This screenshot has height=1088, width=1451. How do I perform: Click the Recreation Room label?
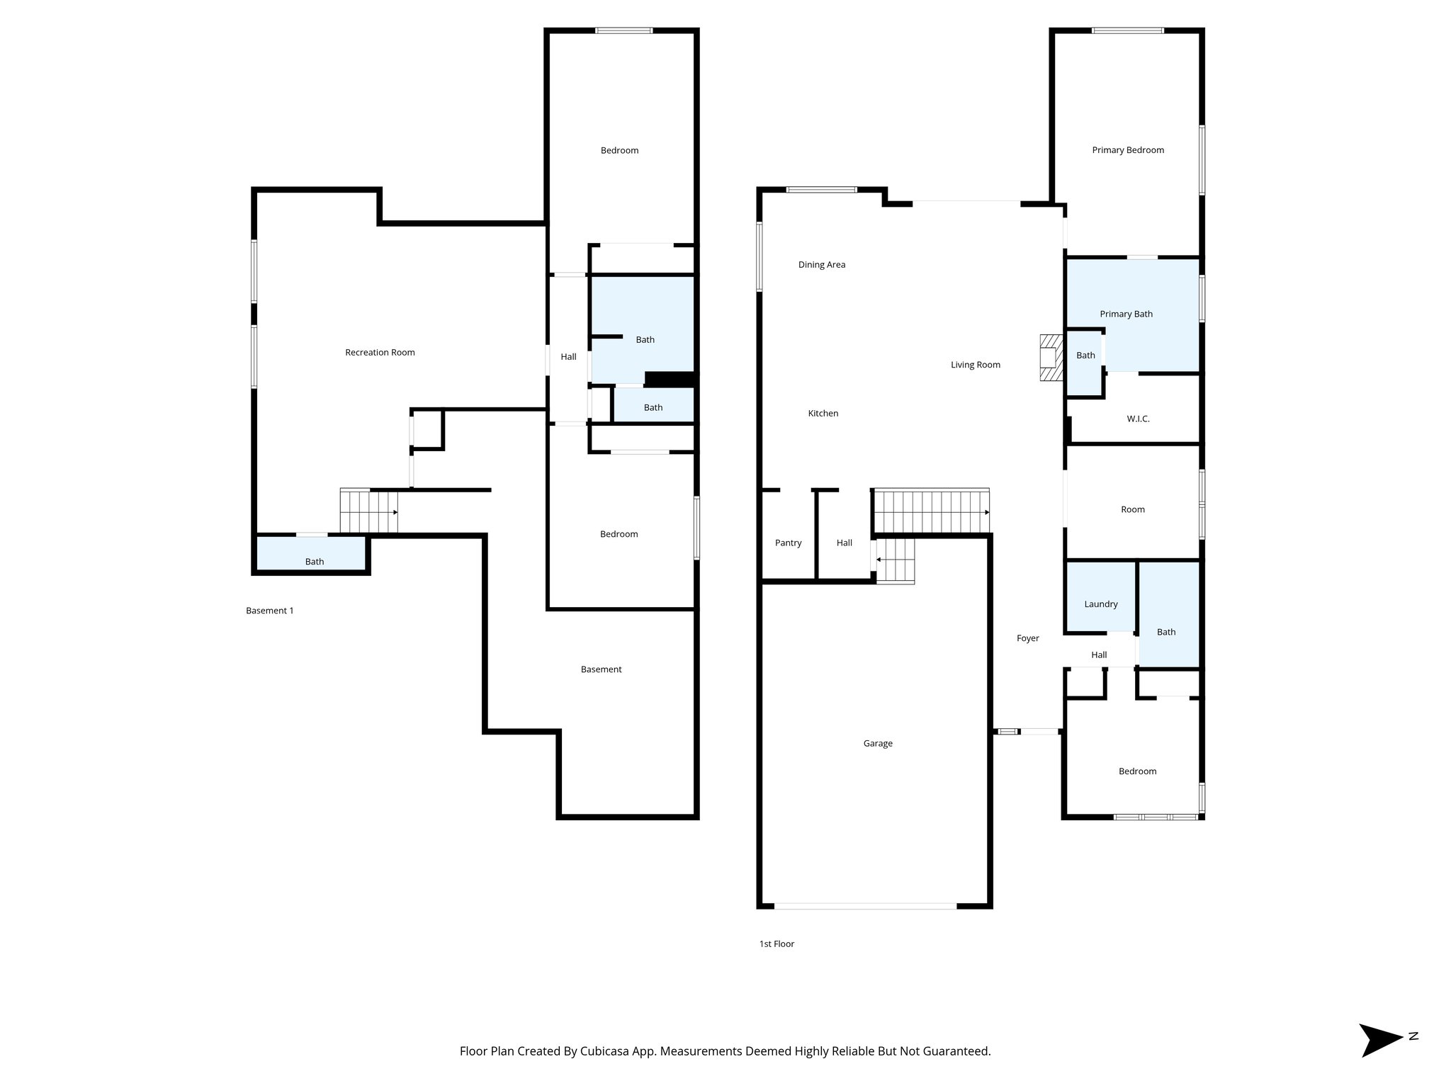[x=380, y=352]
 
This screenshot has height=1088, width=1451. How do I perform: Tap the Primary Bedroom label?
[x=1128, y=150]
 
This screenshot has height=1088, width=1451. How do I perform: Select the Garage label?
[x=878, y=743]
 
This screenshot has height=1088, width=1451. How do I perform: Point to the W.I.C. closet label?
[x=1138, y=419]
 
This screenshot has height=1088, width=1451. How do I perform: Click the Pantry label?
[x=788, y=543]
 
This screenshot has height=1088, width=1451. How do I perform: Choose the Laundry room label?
[x=1100, y=604]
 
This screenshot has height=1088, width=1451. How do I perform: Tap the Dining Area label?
[x=822, y=265]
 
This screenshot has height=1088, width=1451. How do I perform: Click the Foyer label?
[x=1027, y=638]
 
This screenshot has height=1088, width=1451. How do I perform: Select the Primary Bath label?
[x=1126, y=314]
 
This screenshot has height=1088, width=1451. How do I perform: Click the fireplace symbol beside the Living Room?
[x=1051, y=358]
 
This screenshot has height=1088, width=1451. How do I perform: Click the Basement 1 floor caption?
[x=269, y=611]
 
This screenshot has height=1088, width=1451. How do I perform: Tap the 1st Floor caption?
[x=777, y=943]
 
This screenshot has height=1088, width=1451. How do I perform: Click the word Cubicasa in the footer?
[x=607, y=1051]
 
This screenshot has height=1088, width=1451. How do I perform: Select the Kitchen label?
[x=823, y=414]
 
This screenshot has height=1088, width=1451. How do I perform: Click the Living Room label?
[x=975, y=365]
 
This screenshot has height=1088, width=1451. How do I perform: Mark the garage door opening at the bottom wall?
[x=865, y=906]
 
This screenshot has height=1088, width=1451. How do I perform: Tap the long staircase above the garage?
[x=931, y=511]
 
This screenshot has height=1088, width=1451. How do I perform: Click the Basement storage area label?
[x=601, y=669]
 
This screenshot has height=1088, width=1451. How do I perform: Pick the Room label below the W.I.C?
[x=1132, y=509]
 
